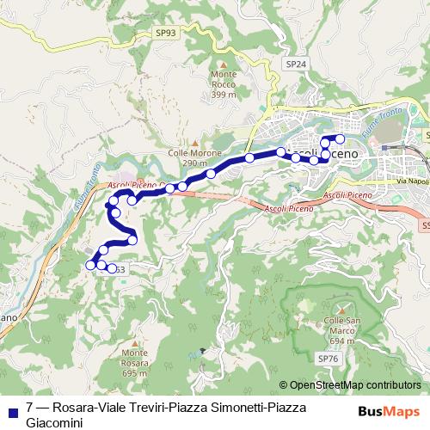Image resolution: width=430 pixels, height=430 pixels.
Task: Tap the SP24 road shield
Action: coord(295,64)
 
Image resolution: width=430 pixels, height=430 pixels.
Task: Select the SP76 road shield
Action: coord(327,357)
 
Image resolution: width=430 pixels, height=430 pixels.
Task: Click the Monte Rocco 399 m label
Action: coord(224,84)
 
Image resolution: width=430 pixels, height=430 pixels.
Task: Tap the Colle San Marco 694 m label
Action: coord(335,331)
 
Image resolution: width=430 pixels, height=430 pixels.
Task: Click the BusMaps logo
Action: coord(389,410)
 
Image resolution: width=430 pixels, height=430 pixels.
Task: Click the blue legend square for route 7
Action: coord(11,409)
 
